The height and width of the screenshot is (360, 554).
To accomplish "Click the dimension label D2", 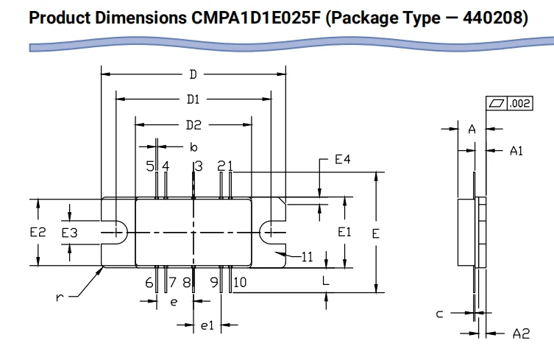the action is (x=193, y=125).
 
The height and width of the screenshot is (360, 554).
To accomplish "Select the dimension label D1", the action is (x=193, y=99).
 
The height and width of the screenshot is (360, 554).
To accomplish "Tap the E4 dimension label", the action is (x=343, y=160).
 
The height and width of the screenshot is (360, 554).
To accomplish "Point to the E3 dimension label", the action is (x=69, y=233).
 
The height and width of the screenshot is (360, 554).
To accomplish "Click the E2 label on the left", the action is (x=38, y=233).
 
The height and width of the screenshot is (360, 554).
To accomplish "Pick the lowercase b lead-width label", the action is (x=193, y=147).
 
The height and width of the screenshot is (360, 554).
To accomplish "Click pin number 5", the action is (x=150, y=166).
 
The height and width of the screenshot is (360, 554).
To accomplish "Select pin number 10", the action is (x=240, y=282).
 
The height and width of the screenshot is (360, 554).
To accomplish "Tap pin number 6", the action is (x=149, y=283).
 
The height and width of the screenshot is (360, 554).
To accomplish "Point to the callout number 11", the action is (x=308, y=257).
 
